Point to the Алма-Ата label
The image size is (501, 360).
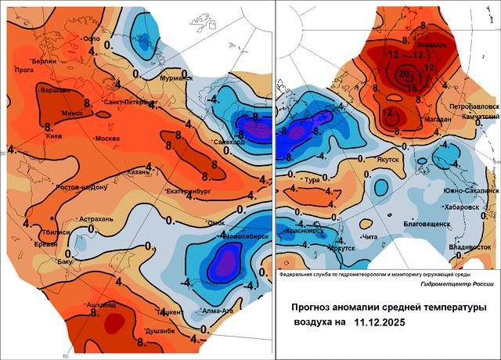217,311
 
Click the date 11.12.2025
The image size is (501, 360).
384,321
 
